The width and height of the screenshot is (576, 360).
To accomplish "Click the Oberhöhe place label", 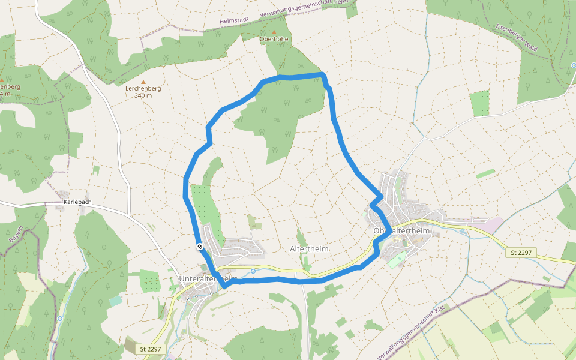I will tap(274, 39).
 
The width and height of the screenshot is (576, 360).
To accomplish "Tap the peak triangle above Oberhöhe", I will tap(274, 32).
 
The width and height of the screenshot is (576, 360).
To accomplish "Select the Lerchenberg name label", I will tap(143, 88).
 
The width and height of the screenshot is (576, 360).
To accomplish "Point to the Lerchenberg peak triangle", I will tap(143, 82).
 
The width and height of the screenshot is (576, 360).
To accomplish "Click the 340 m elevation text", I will tap(143, 95).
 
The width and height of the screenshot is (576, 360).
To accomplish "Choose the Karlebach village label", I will tap(76, 202).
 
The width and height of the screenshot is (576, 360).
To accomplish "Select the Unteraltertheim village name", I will tap(209, 278).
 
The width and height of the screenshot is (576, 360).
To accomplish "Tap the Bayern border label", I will tap(15, 234).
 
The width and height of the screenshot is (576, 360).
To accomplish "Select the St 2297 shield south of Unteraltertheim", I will tap(151, 349).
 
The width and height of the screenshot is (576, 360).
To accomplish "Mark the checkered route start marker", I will tap(199, 247).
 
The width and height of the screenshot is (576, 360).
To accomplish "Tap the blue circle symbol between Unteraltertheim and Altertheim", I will tap(253, 271).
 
